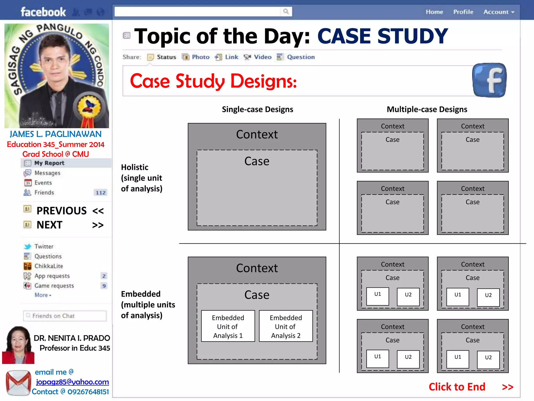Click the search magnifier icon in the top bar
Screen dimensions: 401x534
286,11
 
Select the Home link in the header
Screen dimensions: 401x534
434,12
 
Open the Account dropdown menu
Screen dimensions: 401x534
499,12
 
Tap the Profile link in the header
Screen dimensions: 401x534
463,12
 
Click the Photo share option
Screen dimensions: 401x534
196,57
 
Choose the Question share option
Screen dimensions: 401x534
296,57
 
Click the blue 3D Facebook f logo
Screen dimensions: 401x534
489,80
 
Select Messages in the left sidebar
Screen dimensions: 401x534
47,173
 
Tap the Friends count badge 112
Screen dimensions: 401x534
101,193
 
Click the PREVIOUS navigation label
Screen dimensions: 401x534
62,211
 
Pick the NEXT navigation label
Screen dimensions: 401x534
50,225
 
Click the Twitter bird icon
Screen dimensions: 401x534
27,246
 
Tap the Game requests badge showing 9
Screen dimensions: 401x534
104,286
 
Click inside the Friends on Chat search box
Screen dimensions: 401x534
65,316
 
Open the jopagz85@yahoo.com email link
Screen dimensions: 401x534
72,382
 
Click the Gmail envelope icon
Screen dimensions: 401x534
18,382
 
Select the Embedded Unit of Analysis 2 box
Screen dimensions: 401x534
286,326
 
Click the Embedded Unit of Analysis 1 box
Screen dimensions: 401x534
228,326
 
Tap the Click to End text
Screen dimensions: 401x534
457,387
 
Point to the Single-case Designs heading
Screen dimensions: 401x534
257,109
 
